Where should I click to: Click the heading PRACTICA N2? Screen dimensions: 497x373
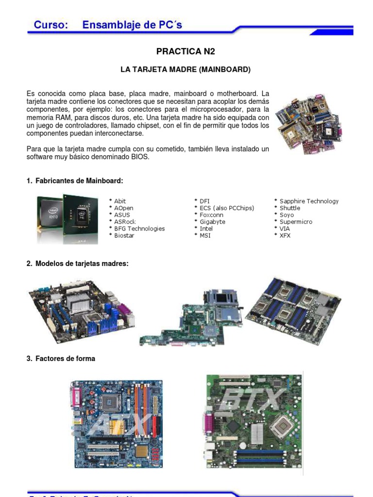[x=186, y=51]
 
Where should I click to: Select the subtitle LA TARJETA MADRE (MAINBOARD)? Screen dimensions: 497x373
[x=186, y=70]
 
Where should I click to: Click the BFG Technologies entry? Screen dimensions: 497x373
[x=139, y=229]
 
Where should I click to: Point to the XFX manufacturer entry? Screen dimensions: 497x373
[x=285, y=235]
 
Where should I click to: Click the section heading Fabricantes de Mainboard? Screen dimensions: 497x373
[x=79, y=181]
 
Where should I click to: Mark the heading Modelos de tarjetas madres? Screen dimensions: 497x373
[x=82, y=264]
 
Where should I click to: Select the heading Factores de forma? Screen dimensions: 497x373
[x=65, y=359]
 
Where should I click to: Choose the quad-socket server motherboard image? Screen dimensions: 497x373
[x=293, y=310]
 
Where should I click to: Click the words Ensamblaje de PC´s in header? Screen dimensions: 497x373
[x=132, y=25]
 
